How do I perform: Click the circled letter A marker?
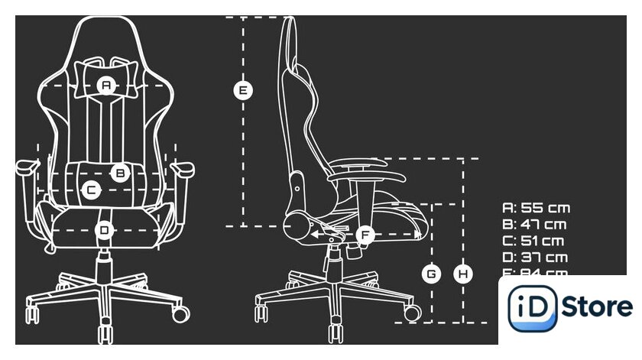coord(106,86)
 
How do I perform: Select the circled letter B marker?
coord(120,173)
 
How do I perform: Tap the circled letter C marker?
coord(90,189)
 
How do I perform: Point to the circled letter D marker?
coord(105,229)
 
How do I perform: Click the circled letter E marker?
coord(243,90)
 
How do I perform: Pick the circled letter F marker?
coord(365,235)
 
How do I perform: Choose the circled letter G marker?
coord(432,273)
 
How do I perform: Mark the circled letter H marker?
coord(462,273)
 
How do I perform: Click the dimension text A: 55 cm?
coord(536,208)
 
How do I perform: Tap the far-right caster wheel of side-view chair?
coord(411,313)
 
